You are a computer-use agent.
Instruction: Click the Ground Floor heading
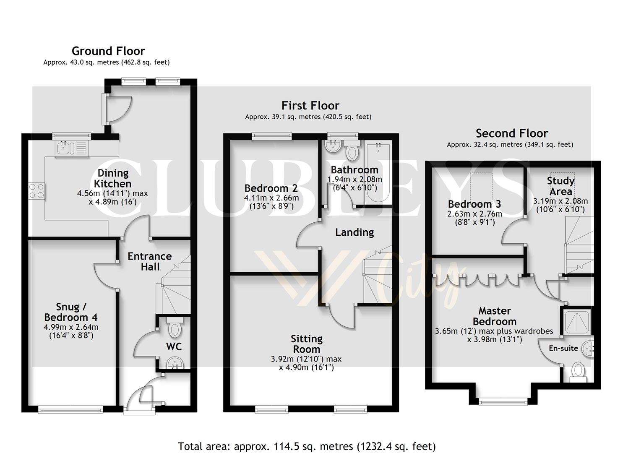(108, 51)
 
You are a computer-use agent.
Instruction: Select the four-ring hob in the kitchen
(36, 191)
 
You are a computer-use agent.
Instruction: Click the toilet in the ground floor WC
(174, 328)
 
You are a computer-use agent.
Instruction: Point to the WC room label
(174, 346)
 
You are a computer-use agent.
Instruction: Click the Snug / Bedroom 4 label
(71, 312)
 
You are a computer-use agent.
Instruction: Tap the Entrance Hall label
(150, 261)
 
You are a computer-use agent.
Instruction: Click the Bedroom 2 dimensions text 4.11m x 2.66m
(271, 198)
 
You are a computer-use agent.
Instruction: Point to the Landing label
(355, 232)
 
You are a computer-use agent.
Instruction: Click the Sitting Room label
(307, 344)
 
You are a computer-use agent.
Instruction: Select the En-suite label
(563, 348)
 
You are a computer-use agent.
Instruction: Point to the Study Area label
(560, 186)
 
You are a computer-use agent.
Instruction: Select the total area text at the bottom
(307, 446)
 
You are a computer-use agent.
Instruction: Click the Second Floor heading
(511, 133)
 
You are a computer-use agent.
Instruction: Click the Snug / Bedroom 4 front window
(70, 409)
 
